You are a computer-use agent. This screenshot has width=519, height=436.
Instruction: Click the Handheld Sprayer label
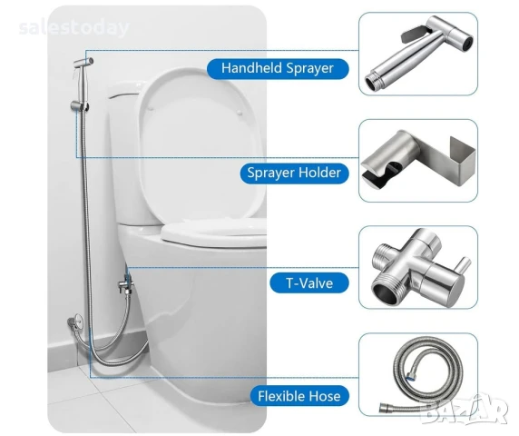coord(278,68)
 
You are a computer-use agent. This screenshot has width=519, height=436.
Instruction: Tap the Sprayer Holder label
coord(294,173)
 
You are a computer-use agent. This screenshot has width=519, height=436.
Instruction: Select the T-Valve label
coord(309,283)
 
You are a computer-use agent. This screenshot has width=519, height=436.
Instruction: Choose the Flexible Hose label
coord(299,396)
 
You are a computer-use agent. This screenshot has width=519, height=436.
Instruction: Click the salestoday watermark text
coord(73,27)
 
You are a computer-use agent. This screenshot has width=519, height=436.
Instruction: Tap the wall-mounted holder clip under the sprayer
coord(80,106)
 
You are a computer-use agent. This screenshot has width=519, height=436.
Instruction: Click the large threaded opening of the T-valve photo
coord(385,292)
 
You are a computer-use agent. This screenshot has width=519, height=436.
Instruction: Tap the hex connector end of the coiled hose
coord(384,407)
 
